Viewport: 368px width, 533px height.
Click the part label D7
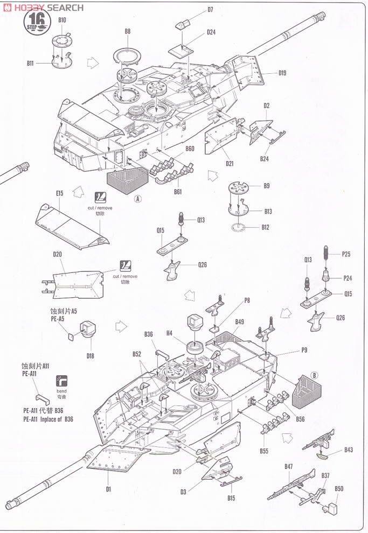tap(210, 10)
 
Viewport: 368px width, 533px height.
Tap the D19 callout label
tap(282, 73)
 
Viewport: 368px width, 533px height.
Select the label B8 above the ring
tap(127, 31)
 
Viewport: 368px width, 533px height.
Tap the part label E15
tap(59, 193)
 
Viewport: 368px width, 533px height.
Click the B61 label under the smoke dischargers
tap(177, 192)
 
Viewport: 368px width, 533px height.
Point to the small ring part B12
tap(240, 227)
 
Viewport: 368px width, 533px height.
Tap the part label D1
tap(108, 489)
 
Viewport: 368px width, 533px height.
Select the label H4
tap(169, 333)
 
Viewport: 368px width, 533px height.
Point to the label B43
tap(349, 450)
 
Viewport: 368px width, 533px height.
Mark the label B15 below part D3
tap(231, 497)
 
